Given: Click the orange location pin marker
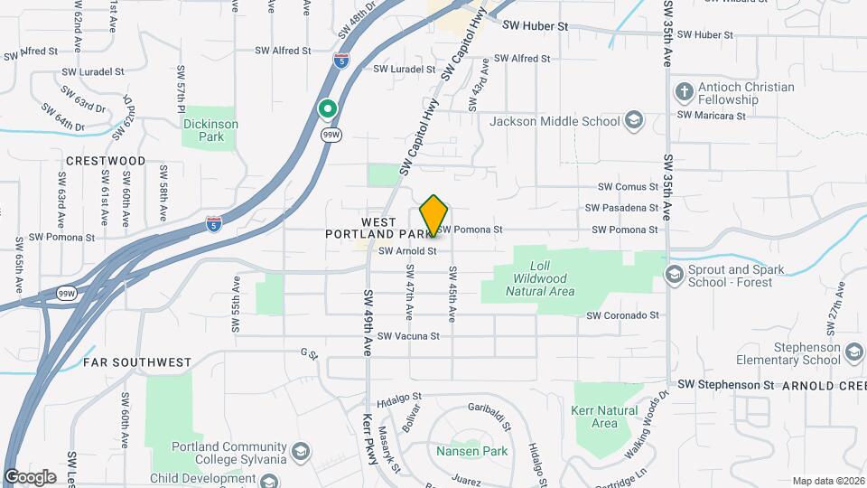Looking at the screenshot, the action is click(x=434, y=215).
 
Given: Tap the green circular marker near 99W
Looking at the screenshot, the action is click(x=328, y=109).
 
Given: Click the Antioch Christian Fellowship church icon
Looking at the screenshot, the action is click(x=683, y=93).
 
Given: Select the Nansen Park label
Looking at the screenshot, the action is click(x=471, y=451).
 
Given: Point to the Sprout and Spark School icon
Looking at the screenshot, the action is click(x=675, y=274).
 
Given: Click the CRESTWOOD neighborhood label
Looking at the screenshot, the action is click(x=106, y=161).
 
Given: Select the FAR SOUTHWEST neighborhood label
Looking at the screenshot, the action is click(x=137, y=362).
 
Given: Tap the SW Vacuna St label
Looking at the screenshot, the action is click(x=408, y=336).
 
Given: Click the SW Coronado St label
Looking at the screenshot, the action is click(x=623, y=316).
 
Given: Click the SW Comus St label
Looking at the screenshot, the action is click(x=628, y=187).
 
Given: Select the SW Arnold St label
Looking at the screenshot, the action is click(x=407, y=251).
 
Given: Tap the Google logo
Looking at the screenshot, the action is click(x=30, y=477).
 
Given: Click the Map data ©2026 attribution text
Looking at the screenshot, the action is click(x=827, y=481).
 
